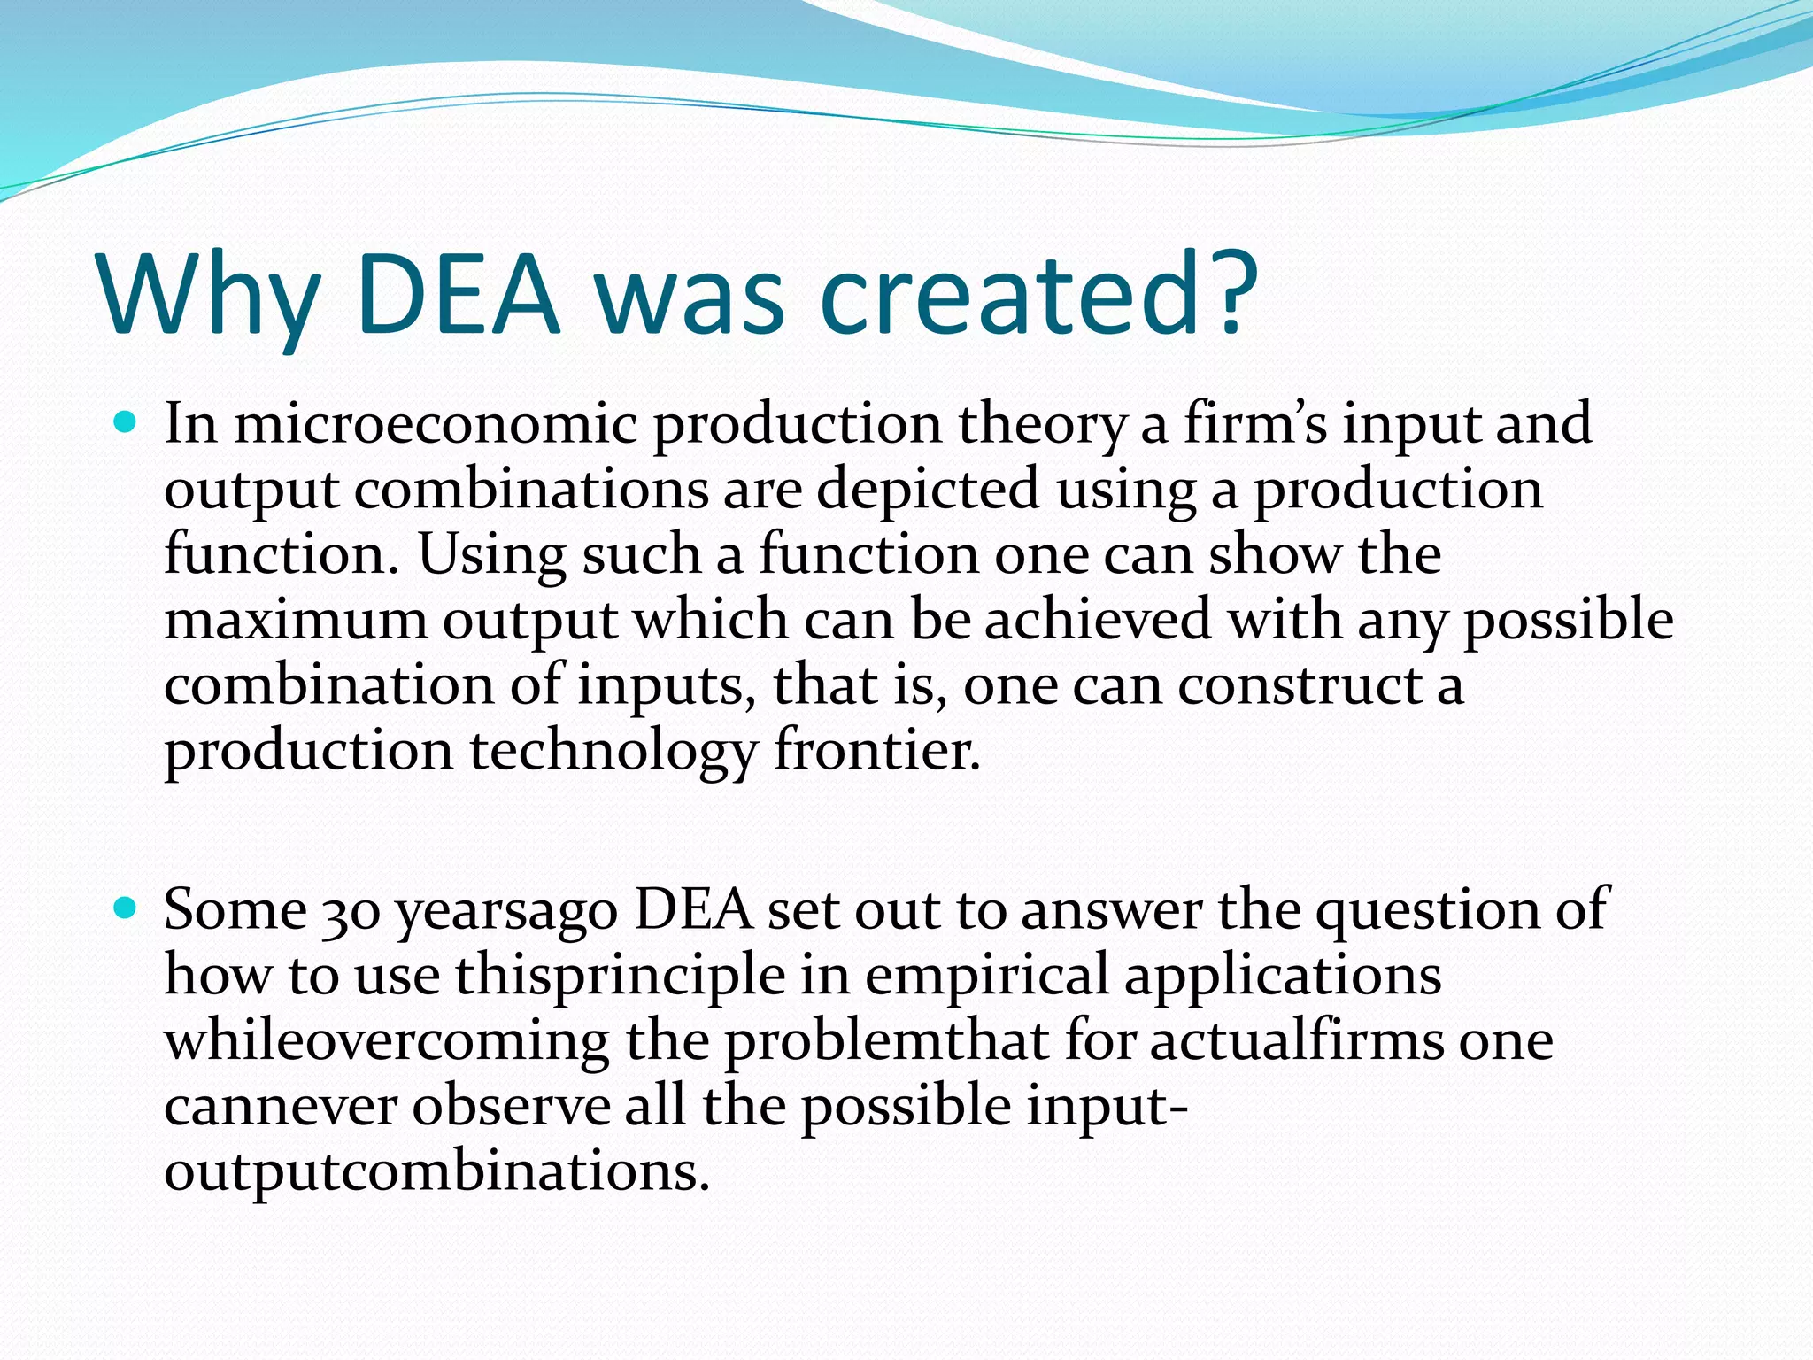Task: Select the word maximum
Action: pyautogui.click(x=296, y=621)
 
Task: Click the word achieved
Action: pyautogui.click(x=1098, y=619)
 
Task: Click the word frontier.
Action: pyautogui.click(x=877, y=751)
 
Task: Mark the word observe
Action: pyautogui.click(x=511, y=1107)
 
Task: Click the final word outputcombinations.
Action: pyautogui.click(x=437, y=1172)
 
